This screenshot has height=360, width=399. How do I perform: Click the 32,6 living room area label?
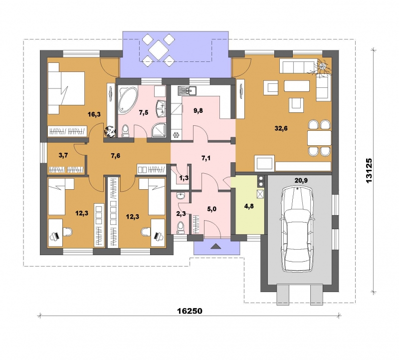click(281, 128)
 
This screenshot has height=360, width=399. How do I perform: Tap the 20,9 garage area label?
click(301, 181)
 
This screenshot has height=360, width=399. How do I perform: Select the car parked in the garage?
click(297, 229)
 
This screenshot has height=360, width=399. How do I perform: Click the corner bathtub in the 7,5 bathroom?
click(128, 99)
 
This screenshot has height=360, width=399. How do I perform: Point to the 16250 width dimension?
click(190, 311)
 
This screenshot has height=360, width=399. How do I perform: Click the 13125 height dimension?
click(369, 170)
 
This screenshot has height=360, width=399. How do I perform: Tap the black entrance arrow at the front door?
click(216, 246)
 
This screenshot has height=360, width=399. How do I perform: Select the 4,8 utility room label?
click(248, 206)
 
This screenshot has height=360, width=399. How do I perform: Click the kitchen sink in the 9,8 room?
click(187, 91)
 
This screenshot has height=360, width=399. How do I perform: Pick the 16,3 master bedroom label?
click(94, 114)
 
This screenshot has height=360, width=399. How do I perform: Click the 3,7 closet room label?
click(63, 155)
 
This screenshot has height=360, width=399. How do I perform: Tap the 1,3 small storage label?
click(184, 178)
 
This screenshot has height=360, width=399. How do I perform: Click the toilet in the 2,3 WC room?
click(181, 227)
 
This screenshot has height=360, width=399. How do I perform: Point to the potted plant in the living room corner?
click(322, 67)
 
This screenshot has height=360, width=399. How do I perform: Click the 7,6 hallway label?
click(116, 156)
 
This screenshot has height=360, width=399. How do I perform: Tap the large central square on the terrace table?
click(159, 49)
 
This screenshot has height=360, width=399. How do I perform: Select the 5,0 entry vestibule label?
click(211, 209)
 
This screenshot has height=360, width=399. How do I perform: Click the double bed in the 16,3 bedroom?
click(66, 88)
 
